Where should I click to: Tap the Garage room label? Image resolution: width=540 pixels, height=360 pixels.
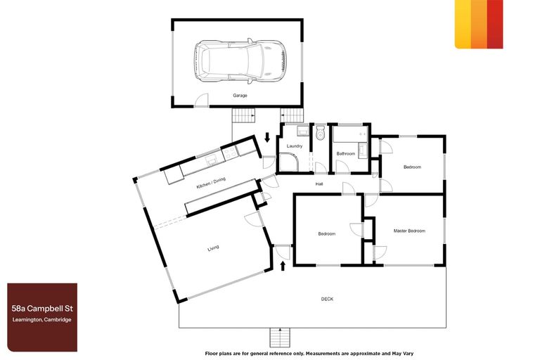point(240,95)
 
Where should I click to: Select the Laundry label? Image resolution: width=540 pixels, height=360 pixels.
point(295,146)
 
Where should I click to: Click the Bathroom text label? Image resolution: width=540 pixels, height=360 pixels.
point(346,153)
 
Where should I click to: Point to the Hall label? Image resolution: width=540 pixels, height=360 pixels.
point(319,184)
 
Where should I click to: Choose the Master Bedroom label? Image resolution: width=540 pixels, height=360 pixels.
point(409,231)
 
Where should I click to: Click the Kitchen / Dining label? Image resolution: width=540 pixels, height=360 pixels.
point(211,184)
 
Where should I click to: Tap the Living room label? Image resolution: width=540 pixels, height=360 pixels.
point(212,248)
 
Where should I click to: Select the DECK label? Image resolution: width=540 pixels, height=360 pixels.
point(327,299)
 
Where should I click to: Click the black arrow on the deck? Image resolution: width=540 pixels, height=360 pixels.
point(283,266)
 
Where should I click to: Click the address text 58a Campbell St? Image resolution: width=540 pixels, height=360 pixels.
point(41,309)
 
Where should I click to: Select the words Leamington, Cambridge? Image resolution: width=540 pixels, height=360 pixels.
point(41,321)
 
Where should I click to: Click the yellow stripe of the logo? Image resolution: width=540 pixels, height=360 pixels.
point(463,24)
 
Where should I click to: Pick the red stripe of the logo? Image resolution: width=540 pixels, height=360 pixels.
point(495,24)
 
